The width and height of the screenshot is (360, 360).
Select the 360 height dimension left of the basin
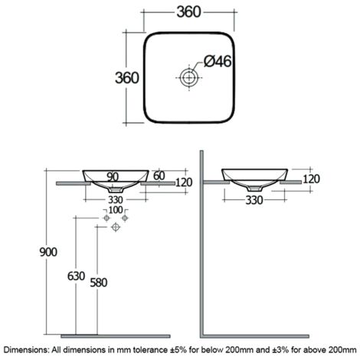click(x=126, y=78)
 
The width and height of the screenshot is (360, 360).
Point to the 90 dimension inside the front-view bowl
click(x=113, y=177)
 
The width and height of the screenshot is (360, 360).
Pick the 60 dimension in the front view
click(x=159, y=177)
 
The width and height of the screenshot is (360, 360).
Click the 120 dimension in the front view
click(x=184, y=183)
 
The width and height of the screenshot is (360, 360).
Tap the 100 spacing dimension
click(x=115, y=210)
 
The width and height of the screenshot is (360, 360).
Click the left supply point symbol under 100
click(x=106, y=219)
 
